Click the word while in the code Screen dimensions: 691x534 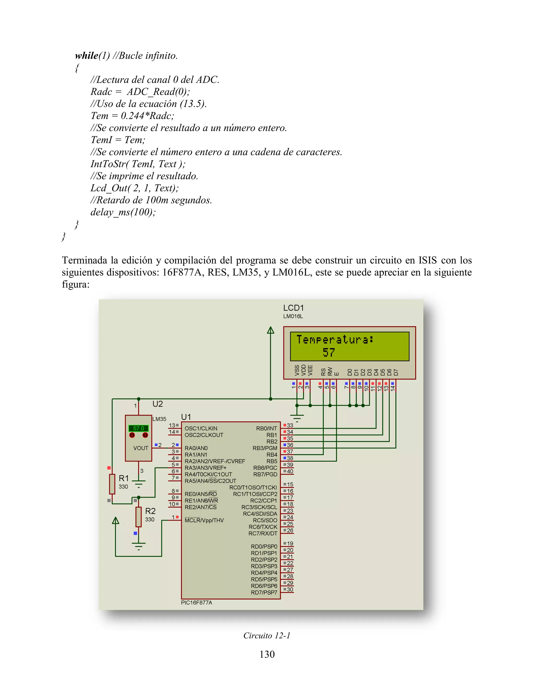[x=86, y=56]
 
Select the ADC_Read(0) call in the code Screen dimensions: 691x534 [x=158, y=92]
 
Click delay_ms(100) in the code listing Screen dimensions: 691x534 [x=123, y=212]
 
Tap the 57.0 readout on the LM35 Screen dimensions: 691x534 [x=138, y=428]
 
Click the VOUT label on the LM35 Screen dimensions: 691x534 [x=141, y=448]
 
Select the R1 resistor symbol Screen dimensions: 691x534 [x=112, y=484]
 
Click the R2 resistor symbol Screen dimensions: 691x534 [x=138, y=517]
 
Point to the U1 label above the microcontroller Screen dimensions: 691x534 [x=186, y=417]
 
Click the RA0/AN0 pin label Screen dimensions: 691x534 [x=196, y=448]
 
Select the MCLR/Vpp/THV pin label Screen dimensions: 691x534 [x=204, y=520]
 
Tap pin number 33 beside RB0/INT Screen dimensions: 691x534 [x=290, y=425]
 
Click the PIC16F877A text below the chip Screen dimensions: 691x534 [x=196, y=602]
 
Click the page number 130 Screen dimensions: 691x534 [x=267, y=654]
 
